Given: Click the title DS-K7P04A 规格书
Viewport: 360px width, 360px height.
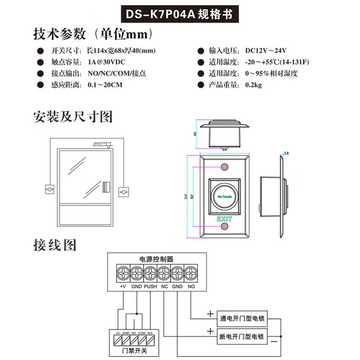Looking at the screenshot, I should pos(180,14).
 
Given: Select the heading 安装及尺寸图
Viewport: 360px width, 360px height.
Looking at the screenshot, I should pos(72,117).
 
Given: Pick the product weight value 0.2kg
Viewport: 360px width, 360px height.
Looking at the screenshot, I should pos(253,85).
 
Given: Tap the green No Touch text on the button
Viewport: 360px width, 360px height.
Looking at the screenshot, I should pos(225,197).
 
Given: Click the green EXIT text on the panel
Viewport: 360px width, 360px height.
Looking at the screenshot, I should pos(225,219).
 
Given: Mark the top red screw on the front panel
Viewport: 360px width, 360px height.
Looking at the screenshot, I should pos(225,167).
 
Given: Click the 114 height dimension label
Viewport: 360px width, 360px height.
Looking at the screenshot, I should pos(186,197).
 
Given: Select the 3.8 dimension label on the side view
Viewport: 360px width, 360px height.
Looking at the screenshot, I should pos(286,153).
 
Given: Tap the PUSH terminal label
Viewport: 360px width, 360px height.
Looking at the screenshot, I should pos(150,287).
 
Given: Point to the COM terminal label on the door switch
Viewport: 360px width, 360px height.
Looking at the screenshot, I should pos(142,333).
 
